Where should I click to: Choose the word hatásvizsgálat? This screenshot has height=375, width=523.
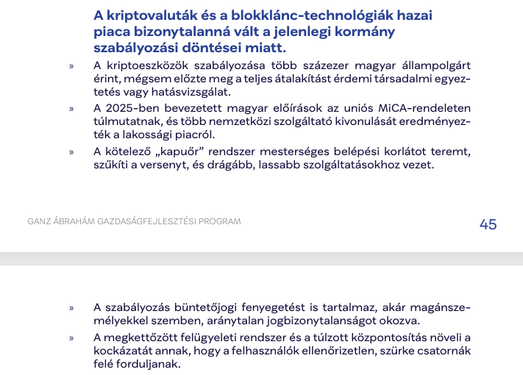pyautogui.click(x=192, y=92)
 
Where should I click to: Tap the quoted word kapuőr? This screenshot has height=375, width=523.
pyautogui.click(x=175, y=151)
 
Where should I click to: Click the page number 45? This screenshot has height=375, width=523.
pyautogui.click(x=488, y=224)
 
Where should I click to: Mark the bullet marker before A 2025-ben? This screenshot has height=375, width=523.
pyautogui.click(x=71, y=109)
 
